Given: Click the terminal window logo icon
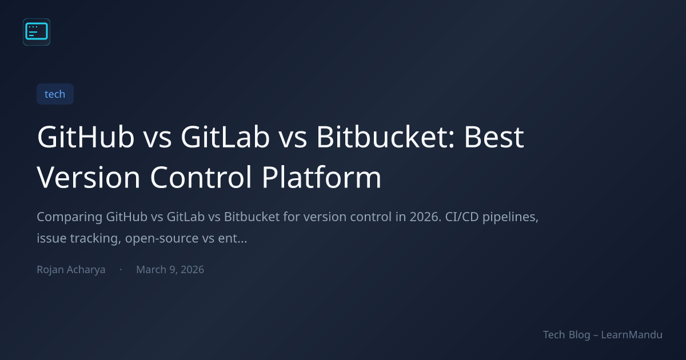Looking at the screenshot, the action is click(37, 32).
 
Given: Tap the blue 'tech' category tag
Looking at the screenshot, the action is click(55, 94).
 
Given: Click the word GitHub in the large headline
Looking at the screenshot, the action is click(86, 137).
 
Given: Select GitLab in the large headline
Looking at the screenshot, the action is click(225, 137).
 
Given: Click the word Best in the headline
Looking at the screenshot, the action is click(494, 137).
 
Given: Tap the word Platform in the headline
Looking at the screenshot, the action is click(321, 177).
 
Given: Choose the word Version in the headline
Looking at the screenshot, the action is click(89, 177).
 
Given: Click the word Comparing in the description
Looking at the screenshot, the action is click(70, 217).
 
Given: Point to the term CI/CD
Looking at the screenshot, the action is click(462, 217).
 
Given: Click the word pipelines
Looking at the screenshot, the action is click(510, 217).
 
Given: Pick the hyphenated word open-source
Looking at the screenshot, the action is click(162, 239).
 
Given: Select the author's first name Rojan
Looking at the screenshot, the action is click(50, 270).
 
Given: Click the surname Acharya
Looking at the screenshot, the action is click(86, 270).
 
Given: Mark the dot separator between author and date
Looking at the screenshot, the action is click(121, 269).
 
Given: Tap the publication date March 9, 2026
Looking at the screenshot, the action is click(170, 269).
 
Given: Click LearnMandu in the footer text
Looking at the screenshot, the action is click(632, 335).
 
